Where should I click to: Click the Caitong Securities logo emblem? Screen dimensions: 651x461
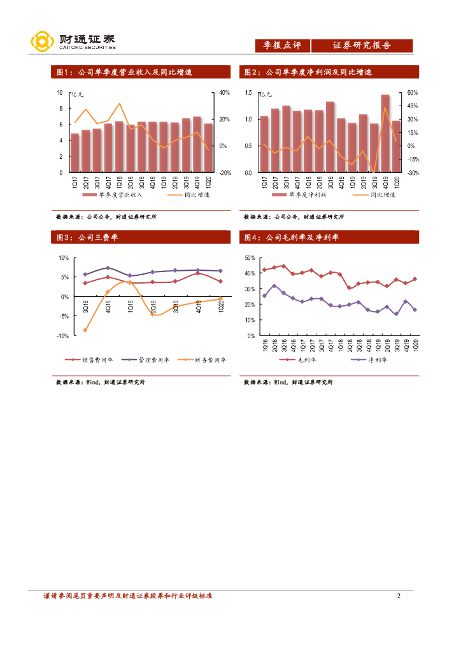(42, 41)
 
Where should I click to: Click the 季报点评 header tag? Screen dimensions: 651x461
(282, 46)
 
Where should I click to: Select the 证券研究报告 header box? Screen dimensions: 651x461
(362, 46)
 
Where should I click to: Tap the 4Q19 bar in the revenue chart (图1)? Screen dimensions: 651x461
(197, 145)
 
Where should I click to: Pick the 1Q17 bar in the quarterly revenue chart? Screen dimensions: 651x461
(74, 153)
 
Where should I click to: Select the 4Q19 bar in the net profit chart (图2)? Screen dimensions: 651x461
(385, 134)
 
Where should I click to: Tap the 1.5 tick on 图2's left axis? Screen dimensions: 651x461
(248, 93)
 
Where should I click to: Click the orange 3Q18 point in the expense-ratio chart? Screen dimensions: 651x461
(85, 330)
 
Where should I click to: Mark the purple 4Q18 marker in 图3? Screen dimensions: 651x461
(108, 268)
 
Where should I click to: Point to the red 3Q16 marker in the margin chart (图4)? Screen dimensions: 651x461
(283, 266)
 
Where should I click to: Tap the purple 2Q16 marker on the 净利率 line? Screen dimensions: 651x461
(274, 286)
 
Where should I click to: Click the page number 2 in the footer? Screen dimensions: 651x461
(398, 596)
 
